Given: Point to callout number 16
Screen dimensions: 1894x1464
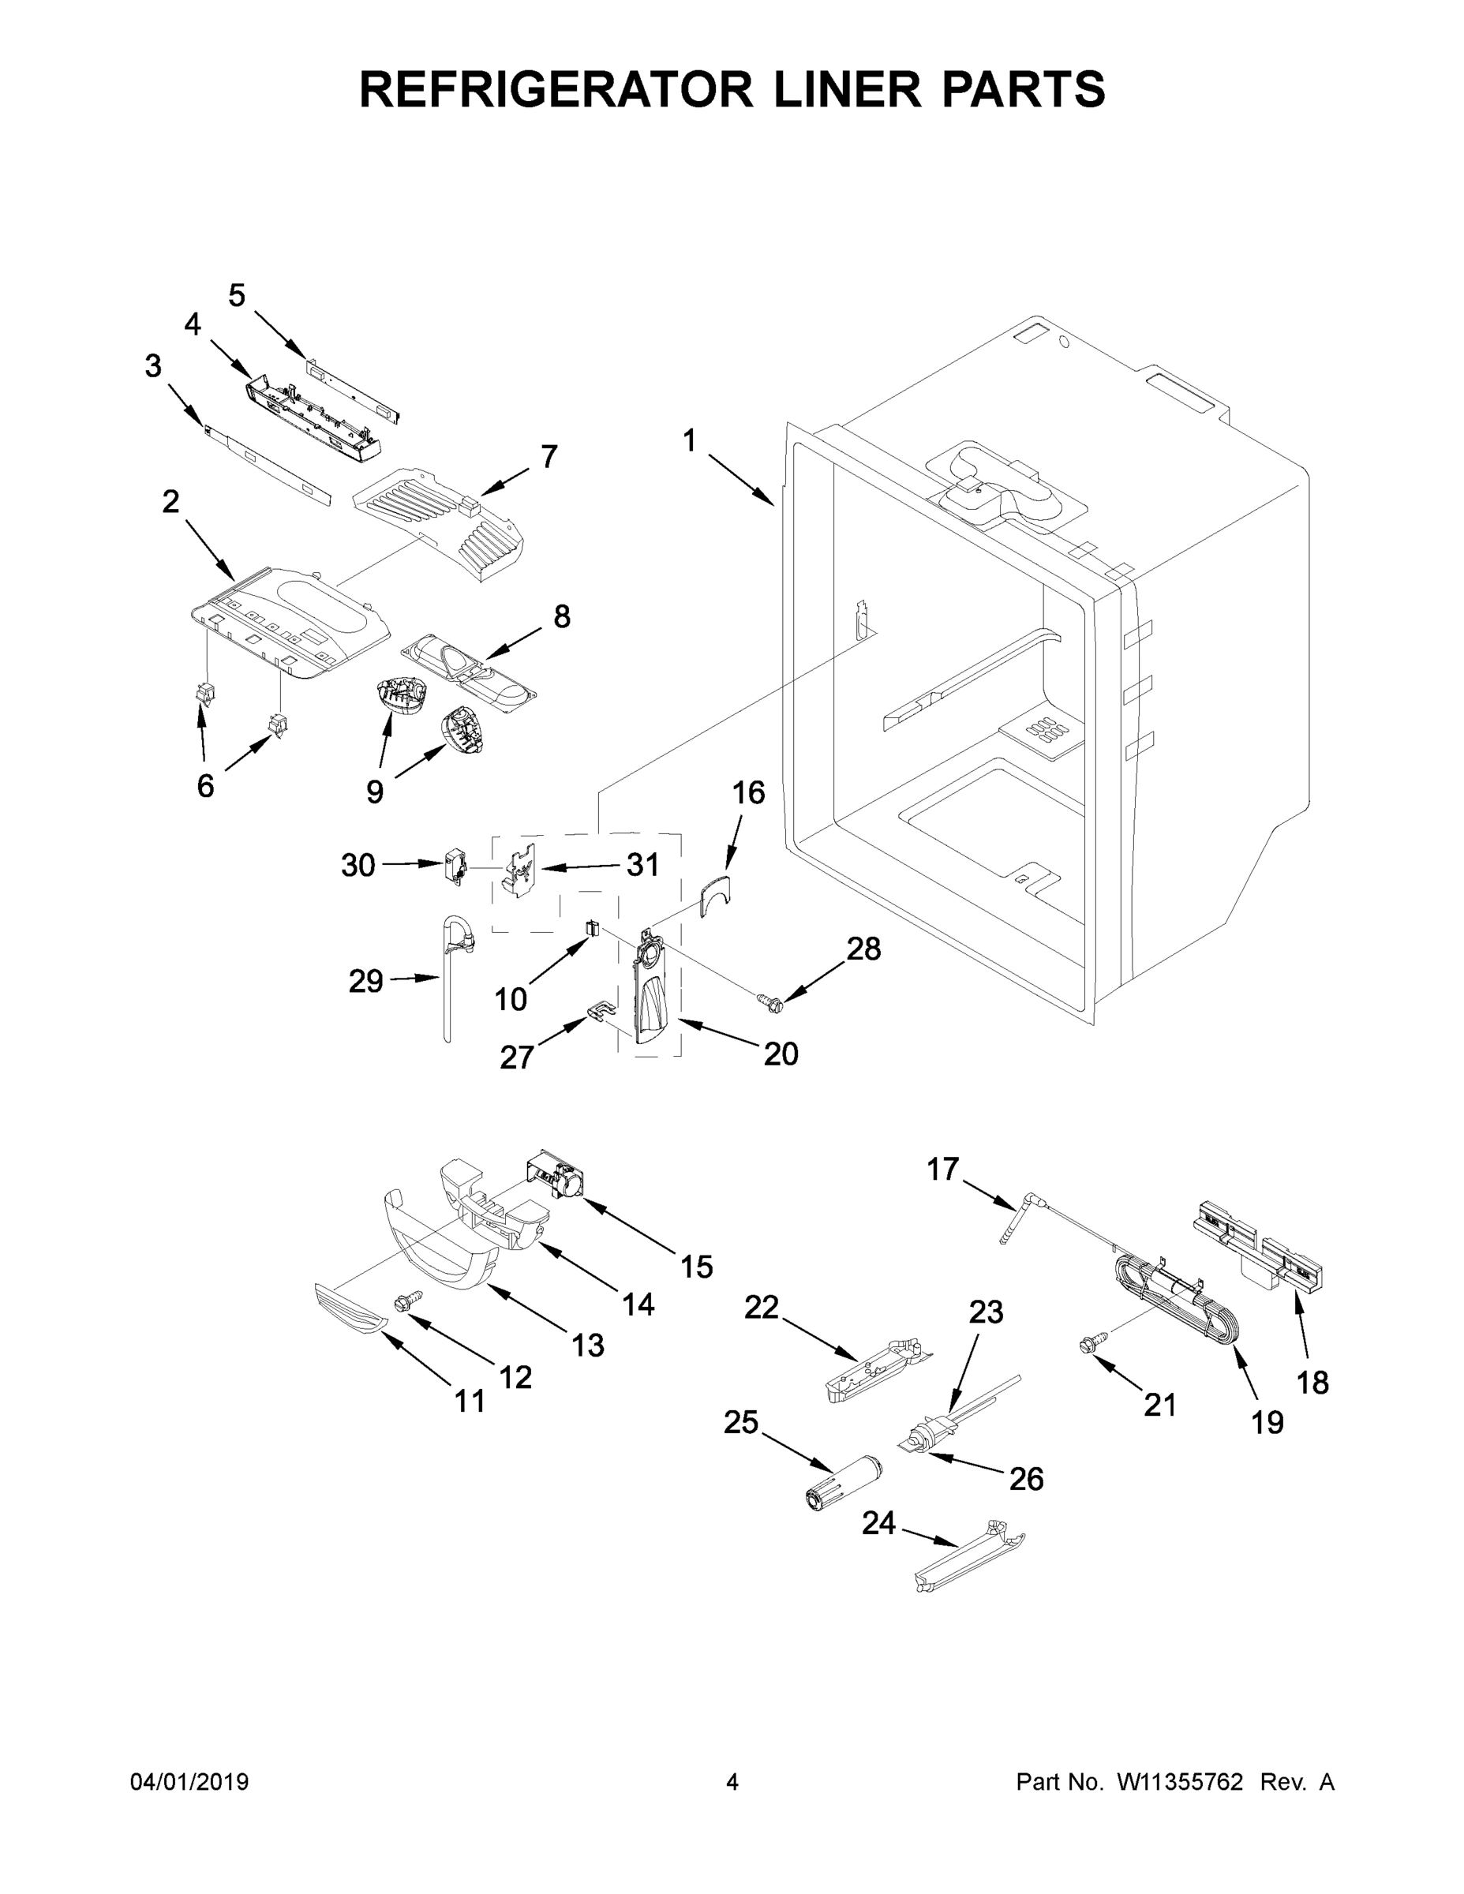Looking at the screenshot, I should point(748,792).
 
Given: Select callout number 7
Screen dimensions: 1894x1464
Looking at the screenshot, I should point(549,457).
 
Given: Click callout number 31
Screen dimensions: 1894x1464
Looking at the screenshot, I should point(642,865).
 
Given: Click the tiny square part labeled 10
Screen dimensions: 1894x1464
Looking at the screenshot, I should point(593,928).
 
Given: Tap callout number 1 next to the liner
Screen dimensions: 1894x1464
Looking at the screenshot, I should point(690,441).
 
